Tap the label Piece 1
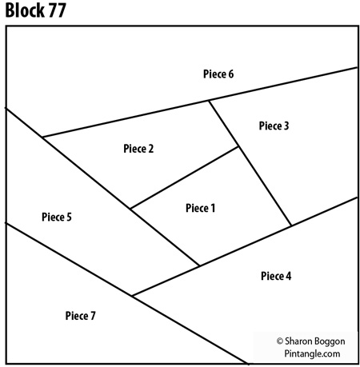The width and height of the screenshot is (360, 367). coord(201,208)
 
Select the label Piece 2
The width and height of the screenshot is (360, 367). coord(138,148)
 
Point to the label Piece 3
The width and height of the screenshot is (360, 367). coord(274,126)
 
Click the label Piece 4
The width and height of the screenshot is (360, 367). coord(276,276)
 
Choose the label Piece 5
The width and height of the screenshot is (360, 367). coord(57,217)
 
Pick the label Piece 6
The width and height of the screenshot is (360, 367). coord(218,74)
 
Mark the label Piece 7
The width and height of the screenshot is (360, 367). coord(80,315)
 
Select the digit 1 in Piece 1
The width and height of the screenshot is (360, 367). coord(214,208)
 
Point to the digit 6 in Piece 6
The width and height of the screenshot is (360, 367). coord(231,74)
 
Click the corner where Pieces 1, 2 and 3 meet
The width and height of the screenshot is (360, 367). coord(239,147)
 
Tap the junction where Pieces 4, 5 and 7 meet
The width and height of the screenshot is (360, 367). coord(131,297)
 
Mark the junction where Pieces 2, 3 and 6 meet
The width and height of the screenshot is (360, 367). coord(209,101)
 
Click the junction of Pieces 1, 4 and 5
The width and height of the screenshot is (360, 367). coord(198,265)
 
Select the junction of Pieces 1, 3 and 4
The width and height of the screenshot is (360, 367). coord(290,225)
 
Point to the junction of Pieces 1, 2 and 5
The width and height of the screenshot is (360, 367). coord(130,209)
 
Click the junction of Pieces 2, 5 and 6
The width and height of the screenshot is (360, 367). coord(42,138)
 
